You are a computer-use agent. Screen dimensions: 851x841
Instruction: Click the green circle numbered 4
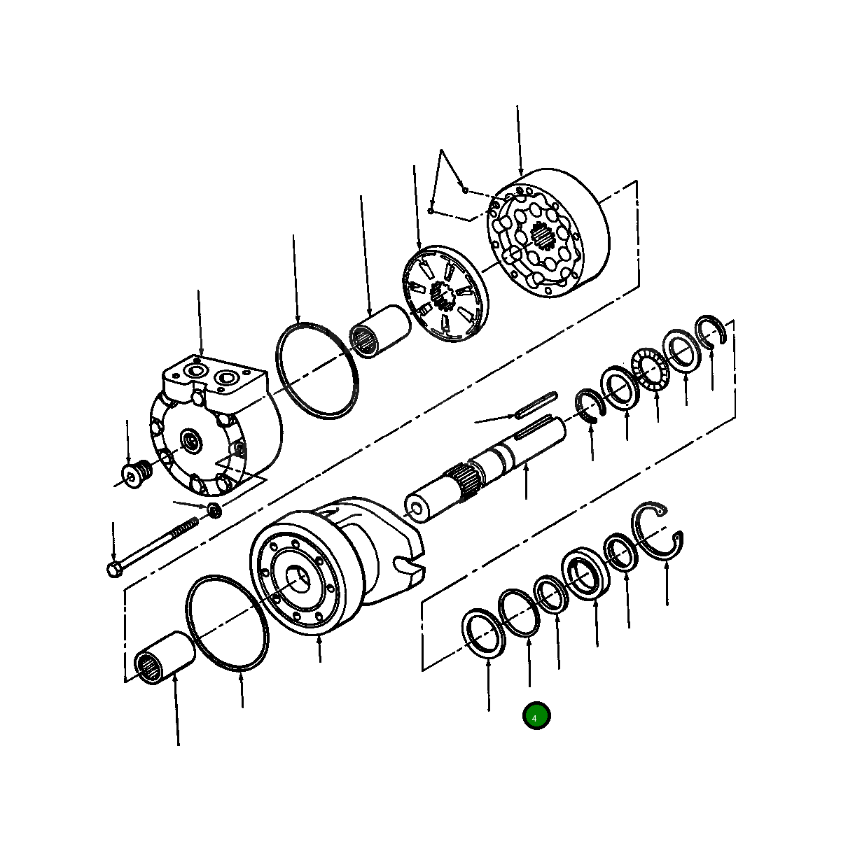pos(536,716)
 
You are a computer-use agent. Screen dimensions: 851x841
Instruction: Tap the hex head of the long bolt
pos(115,569)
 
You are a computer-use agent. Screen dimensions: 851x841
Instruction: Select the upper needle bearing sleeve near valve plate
pos(380,332)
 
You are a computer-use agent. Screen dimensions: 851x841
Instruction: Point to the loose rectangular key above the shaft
pos(536,405)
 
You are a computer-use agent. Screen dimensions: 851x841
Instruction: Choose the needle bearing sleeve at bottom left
pos(164,657)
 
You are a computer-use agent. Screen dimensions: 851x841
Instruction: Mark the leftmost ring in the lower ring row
pos(483,632)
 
